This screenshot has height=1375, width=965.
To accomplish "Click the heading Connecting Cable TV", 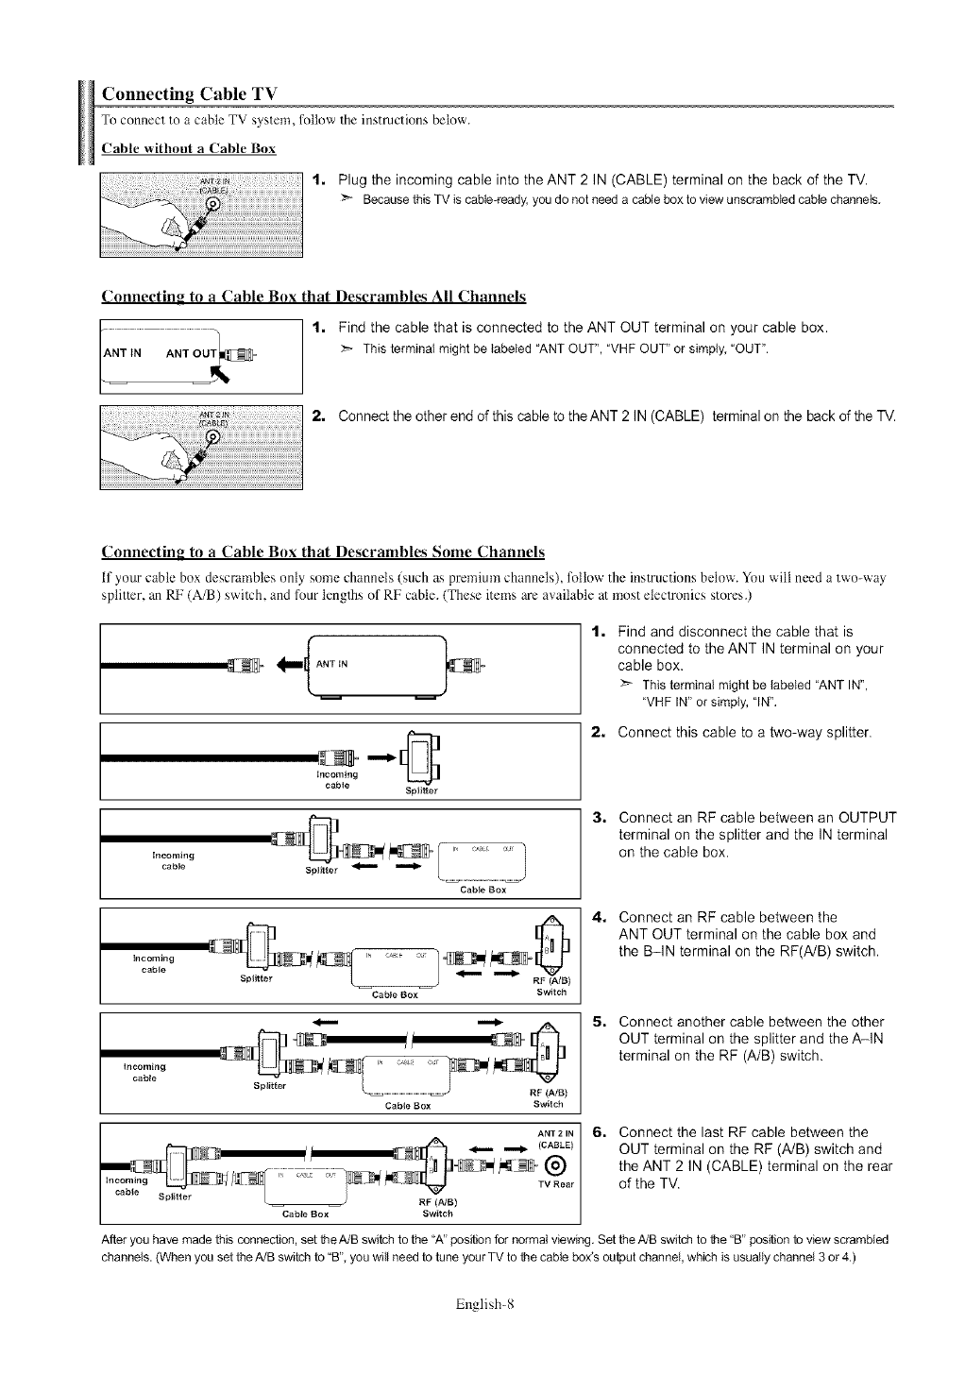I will tap(189, 94).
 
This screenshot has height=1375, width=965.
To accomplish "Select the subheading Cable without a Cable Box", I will tap(188, 148).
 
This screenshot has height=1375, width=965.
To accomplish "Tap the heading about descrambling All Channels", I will tap(313, 297).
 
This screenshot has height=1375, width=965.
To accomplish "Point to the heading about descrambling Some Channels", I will tap(323, 552).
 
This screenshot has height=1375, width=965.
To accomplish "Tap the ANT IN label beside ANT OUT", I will tap(124, 354).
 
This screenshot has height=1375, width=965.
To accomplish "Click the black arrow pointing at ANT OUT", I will tap(225, 375).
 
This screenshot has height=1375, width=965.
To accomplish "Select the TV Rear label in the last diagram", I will tap(556, 1185).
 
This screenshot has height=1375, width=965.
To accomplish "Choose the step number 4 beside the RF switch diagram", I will tap(598, 917).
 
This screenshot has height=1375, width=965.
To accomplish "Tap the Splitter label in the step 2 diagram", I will tap(421, 790).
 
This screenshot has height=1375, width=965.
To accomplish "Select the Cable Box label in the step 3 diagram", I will tap(483, 890).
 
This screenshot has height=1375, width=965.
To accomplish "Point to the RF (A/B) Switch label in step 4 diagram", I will tap(550, 986).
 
